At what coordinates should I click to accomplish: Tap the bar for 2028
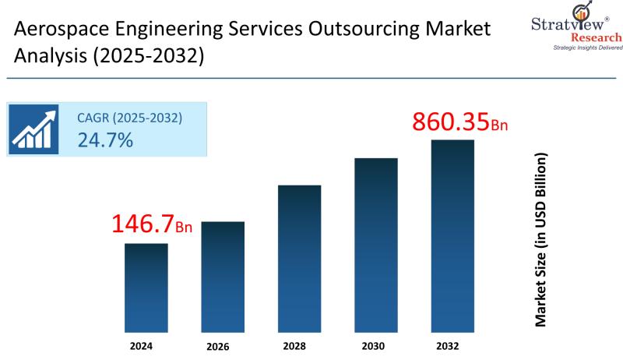[x=299, y=257]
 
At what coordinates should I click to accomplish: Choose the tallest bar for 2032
[x=452, y=234]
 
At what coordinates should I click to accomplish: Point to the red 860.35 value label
[x=450, y=122]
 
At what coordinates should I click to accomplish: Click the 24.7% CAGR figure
[x=105, y=140]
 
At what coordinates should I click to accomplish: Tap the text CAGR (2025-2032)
[x=129, y=118]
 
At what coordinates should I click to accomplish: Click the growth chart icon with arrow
[x=34, y=129]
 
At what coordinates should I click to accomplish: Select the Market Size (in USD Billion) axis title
[x=540, y=239]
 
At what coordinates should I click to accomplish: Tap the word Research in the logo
[x=597, y=37]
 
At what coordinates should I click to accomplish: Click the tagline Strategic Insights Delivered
[x=588, y=48]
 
